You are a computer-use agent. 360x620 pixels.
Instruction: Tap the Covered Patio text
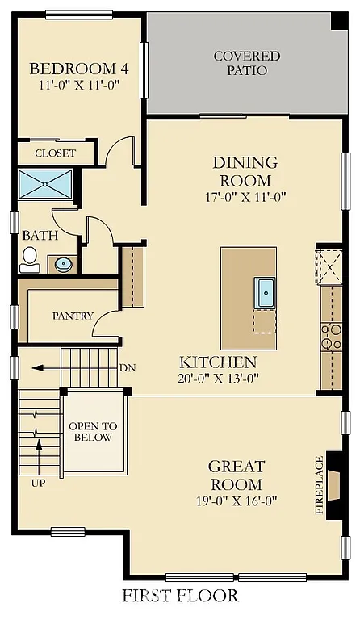(247, 63)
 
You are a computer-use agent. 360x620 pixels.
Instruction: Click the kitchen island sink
(266, 291)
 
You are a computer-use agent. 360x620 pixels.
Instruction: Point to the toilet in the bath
(30, 257)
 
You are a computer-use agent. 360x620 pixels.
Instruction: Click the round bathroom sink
(62, 262)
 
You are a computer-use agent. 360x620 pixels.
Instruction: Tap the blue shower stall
(45, 183)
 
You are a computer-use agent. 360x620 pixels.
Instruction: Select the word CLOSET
(56, 153)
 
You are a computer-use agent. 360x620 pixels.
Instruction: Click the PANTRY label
(73, 316)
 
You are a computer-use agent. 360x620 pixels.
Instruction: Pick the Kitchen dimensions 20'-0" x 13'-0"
(218, 378)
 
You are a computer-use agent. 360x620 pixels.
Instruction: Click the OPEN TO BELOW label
(93, 432)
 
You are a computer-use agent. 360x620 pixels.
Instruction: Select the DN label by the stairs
(127, 368)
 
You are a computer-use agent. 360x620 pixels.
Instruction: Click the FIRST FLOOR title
(180, 596)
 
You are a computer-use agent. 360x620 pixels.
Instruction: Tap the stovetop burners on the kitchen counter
(331, 337)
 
